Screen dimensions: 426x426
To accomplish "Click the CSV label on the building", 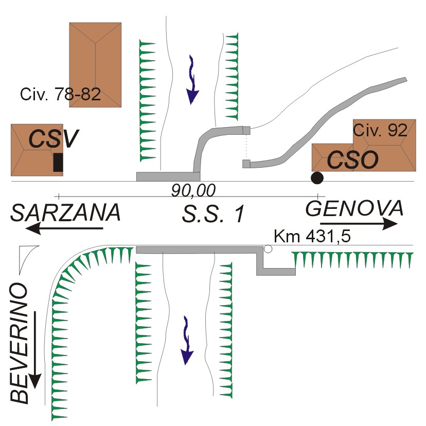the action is coord(54,138).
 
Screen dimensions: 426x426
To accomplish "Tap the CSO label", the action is coord(352,159).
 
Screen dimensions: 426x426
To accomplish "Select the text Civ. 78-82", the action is coord(60,94).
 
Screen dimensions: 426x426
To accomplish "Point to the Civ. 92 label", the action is coord(380,130).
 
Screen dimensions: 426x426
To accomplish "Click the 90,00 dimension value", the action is coord(193,190).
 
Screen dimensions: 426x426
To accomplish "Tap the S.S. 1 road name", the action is coord(214,214).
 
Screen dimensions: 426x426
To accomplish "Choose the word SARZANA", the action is coord(65,212).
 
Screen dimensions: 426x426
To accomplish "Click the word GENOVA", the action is coord(354,208).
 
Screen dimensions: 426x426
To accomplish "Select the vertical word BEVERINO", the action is coord(19,343).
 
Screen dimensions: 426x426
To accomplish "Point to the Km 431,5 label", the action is coord(312,236).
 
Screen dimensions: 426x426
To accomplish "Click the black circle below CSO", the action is coord(317,178).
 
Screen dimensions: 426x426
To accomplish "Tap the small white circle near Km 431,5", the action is coord(268,249).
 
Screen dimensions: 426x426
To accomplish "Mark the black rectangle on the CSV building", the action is coord(58,162).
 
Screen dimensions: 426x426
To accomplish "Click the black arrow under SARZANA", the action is coord(64,228).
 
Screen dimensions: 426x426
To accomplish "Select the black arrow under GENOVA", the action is coord(359,224).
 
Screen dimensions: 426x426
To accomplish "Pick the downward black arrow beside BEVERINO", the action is coord(35,350).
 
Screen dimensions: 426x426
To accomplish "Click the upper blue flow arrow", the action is coord(192,80).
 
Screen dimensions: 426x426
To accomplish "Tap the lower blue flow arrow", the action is coord(187,341).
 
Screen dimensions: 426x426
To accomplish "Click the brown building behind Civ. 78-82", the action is coord(95,65).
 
